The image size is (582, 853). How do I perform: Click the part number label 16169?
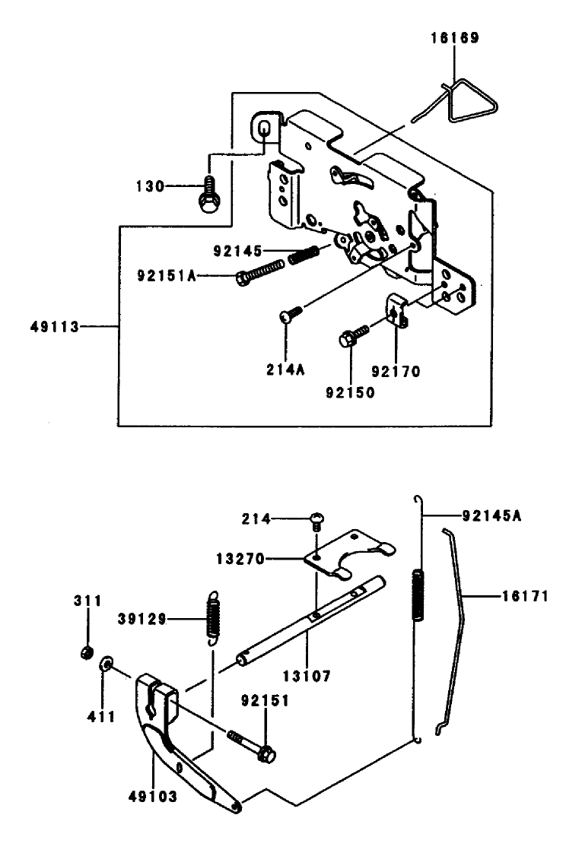[x=455, y=38]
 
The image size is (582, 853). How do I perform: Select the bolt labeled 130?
[x=208, y=196]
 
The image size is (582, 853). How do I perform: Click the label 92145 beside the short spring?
[x=237, y=251]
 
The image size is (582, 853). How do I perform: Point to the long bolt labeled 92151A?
[x=259, y=271]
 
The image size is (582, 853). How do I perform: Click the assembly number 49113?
[x=55, y=327]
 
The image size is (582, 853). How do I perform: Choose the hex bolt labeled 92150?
[x=353, y=335]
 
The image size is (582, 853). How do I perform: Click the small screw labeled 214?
[x=316, y=520]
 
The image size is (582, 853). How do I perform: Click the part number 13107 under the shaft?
[x=307, y=676]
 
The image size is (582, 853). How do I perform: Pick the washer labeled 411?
[x=107, y=664]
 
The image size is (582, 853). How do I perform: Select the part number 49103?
[x=153, y=797]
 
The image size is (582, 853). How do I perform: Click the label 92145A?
[x=491, y=515]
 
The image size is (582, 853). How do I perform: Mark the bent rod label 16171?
[x=526, y=596]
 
